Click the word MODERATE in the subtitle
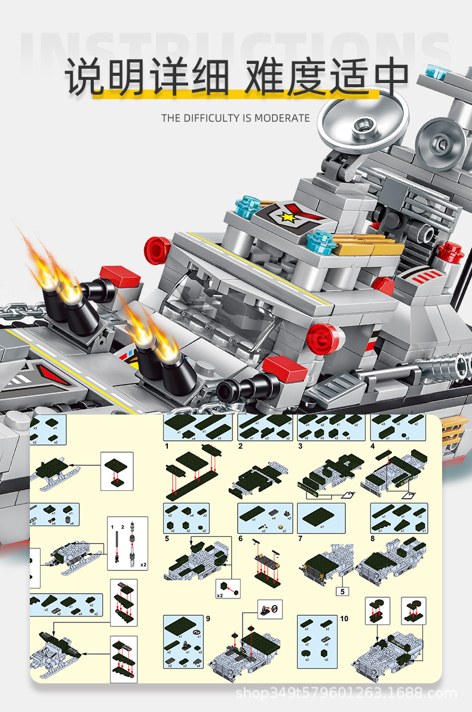(282, 118)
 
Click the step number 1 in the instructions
(167, 446)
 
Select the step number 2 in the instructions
(240, 446)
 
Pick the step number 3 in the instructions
(300, 446)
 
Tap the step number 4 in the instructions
(372, 446)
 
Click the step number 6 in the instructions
(240, 538)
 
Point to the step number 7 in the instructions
(300, 538)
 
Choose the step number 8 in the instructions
(372, 538)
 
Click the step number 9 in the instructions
(208, 619)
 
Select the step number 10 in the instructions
(344, 619)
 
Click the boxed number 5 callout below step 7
(342, 592)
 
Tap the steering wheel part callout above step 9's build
(270, 610)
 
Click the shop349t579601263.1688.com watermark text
(347, 693)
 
